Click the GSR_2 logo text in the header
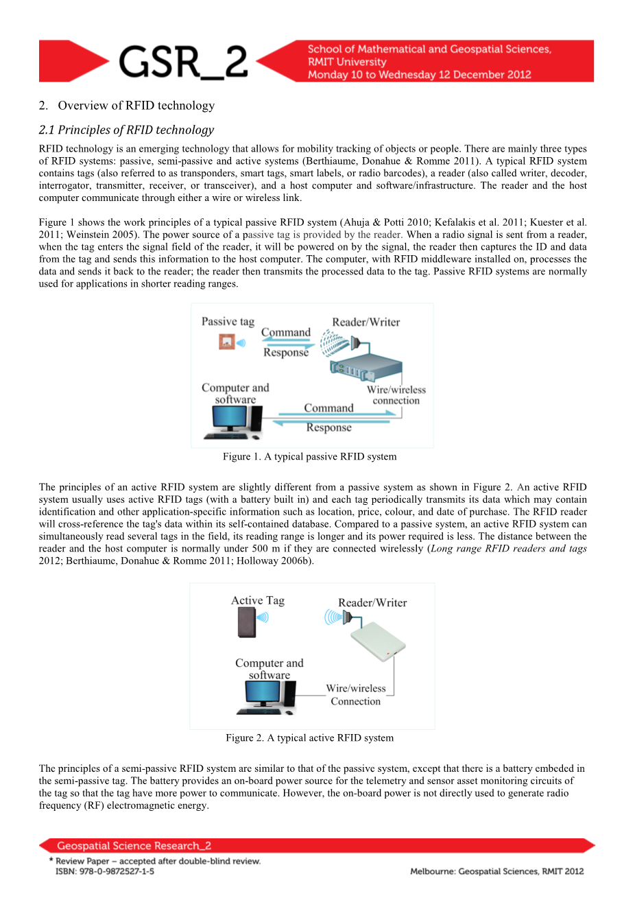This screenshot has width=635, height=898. click(x=183, y=62)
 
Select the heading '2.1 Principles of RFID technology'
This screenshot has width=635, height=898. click(x=126, y=130)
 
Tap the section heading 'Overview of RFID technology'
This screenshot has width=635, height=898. click(x=136, y=105)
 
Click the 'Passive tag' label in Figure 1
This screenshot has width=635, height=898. click(x=228, y=321)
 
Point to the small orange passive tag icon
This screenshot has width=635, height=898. click(x=227, y=341)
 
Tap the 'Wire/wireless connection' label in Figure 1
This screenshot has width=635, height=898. click(x=396, y=394)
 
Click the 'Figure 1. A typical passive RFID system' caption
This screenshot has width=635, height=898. click(x=309, y=456)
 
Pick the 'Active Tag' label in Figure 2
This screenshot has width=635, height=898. click(x=257, y=600)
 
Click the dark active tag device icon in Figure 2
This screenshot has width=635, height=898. click(x=246, y=622)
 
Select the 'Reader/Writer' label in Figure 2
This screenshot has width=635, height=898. click(x=372, y=602)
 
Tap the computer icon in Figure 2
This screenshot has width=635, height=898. click(x=265, y=698)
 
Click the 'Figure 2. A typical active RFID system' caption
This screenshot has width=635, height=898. click(x=309, y=737)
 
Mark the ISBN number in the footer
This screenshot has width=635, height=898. click(x=105, y=871)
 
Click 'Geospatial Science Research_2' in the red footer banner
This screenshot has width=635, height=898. click(x=134, y=846)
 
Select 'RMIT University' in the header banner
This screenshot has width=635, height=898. click(x=347, y=62)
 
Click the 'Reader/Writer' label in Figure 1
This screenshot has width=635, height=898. click(x=366, y=322)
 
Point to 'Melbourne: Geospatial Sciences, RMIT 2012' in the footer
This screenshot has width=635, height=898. click(x=496, y=871)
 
